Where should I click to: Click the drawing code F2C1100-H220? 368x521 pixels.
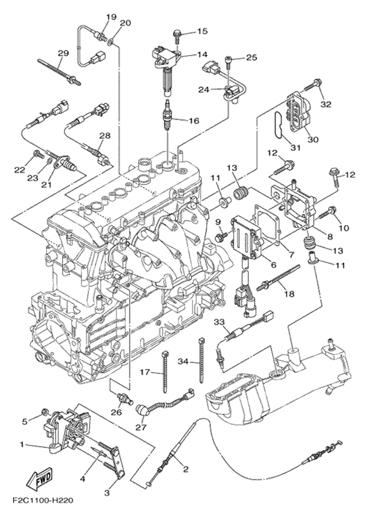pos(42,501)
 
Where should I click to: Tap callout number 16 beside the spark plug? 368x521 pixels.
pos(193,121)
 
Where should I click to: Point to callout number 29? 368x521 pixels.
pos(62,53)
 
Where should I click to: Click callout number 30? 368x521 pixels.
pos(313,139)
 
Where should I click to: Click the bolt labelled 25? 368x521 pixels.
pos(229,59)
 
